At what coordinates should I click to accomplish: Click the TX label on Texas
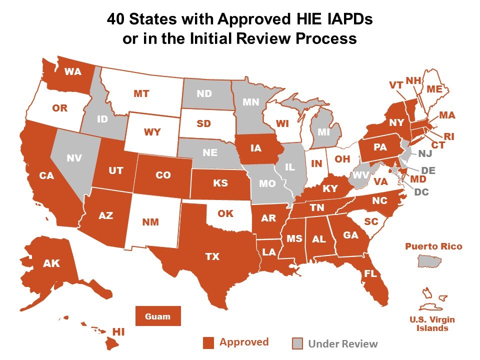212,256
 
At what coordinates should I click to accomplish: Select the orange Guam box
158,316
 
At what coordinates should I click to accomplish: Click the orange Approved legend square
208,343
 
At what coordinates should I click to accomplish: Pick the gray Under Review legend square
297,343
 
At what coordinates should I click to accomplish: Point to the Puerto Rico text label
433,246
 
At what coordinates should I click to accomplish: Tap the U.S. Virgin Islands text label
432,324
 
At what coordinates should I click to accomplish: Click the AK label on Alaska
51,263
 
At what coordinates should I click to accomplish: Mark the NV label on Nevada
73,157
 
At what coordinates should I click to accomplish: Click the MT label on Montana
142,93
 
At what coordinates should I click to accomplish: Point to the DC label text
421,191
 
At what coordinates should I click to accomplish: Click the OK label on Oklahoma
225,213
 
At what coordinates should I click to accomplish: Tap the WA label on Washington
73,71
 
